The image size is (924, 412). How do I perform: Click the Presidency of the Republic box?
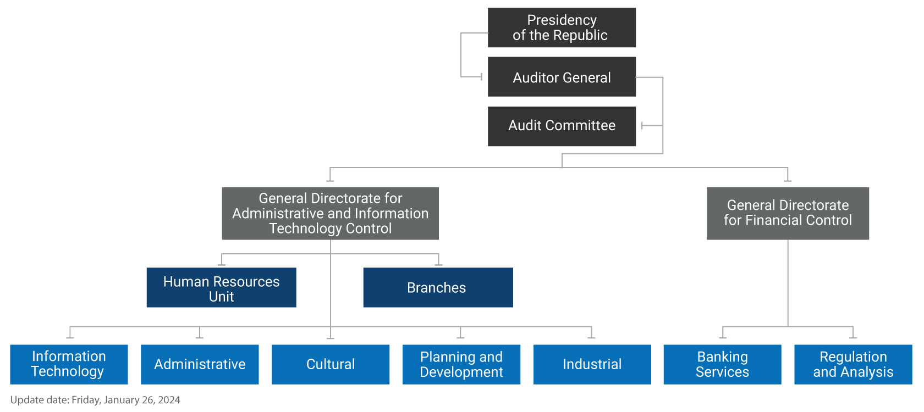562,27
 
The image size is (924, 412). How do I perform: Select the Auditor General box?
562,77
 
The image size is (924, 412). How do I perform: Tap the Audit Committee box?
562,126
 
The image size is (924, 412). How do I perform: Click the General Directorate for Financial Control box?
788,213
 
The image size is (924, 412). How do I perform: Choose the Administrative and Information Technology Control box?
330,213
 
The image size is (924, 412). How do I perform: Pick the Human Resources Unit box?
221,287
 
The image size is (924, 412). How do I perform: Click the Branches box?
438,287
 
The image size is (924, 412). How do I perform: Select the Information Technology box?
69,364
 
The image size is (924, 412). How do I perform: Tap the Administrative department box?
200,364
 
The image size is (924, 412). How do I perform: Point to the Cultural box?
331,364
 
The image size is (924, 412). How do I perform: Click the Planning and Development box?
461,364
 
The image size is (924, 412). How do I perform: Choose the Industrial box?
592,364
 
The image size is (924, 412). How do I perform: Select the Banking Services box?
722,364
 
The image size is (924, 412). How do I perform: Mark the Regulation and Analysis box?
853,364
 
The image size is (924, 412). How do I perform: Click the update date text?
95,400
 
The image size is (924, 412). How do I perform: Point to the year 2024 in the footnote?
169,400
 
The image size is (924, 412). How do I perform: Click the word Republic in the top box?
581,36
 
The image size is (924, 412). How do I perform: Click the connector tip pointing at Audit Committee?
643,126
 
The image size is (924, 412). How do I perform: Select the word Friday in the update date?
86,400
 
